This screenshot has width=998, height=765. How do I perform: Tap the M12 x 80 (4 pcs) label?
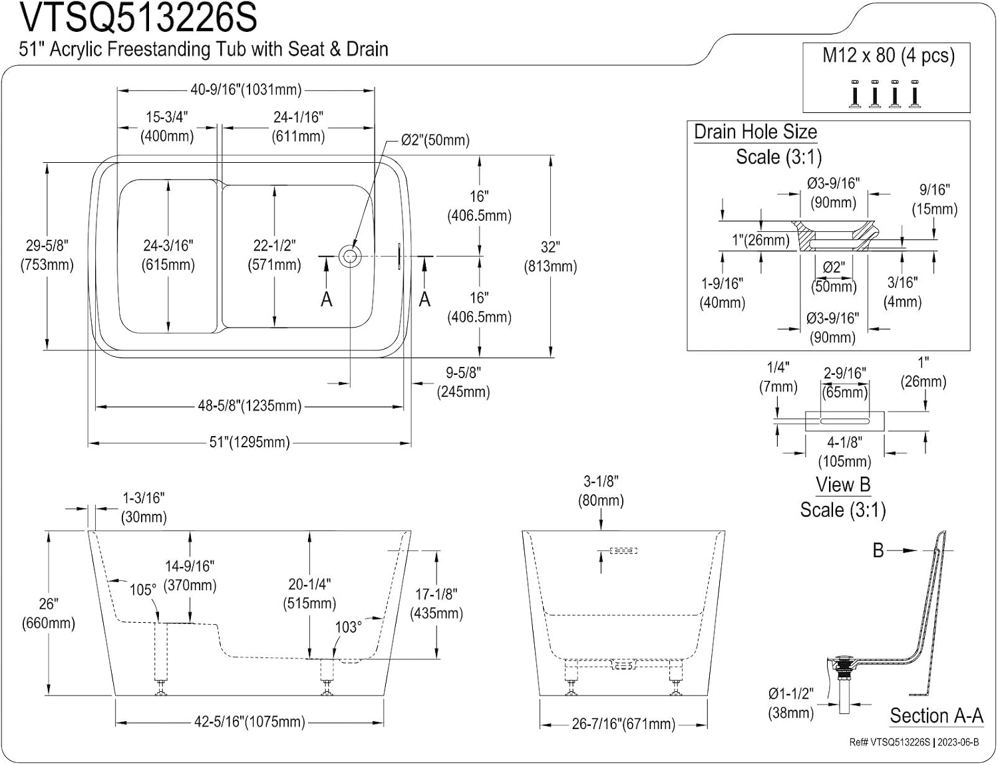point(888,55)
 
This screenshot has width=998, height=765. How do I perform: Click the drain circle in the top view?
point(350,256)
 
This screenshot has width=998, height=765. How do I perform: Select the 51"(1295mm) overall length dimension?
point(249,443)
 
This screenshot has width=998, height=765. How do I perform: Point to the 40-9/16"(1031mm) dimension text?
point(246,90)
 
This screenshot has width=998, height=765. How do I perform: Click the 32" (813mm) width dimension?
point(550,257)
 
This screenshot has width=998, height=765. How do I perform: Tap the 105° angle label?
point(143,590)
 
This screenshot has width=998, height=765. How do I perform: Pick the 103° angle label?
point(349,627)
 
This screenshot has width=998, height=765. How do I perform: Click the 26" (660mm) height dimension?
point(48,613)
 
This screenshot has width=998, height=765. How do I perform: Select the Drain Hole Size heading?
point(756,132)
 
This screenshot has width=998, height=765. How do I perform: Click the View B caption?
point(843,485)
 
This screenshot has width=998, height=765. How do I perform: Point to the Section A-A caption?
point(937,715)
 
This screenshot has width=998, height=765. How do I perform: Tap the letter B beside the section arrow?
point(879,550)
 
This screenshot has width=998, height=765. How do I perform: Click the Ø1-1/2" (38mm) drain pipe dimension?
point(791,704)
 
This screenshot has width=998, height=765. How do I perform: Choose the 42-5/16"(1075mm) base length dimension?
point(249,722)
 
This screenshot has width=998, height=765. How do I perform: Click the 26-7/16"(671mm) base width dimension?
point(623,724)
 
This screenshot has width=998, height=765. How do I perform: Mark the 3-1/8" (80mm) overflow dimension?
point(601,491)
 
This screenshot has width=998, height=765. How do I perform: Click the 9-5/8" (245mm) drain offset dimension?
point(464,383)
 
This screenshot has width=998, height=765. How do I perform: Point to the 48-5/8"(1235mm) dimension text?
point(249,406)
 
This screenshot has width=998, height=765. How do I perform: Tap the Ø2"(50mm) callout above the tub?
point(435,140)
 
